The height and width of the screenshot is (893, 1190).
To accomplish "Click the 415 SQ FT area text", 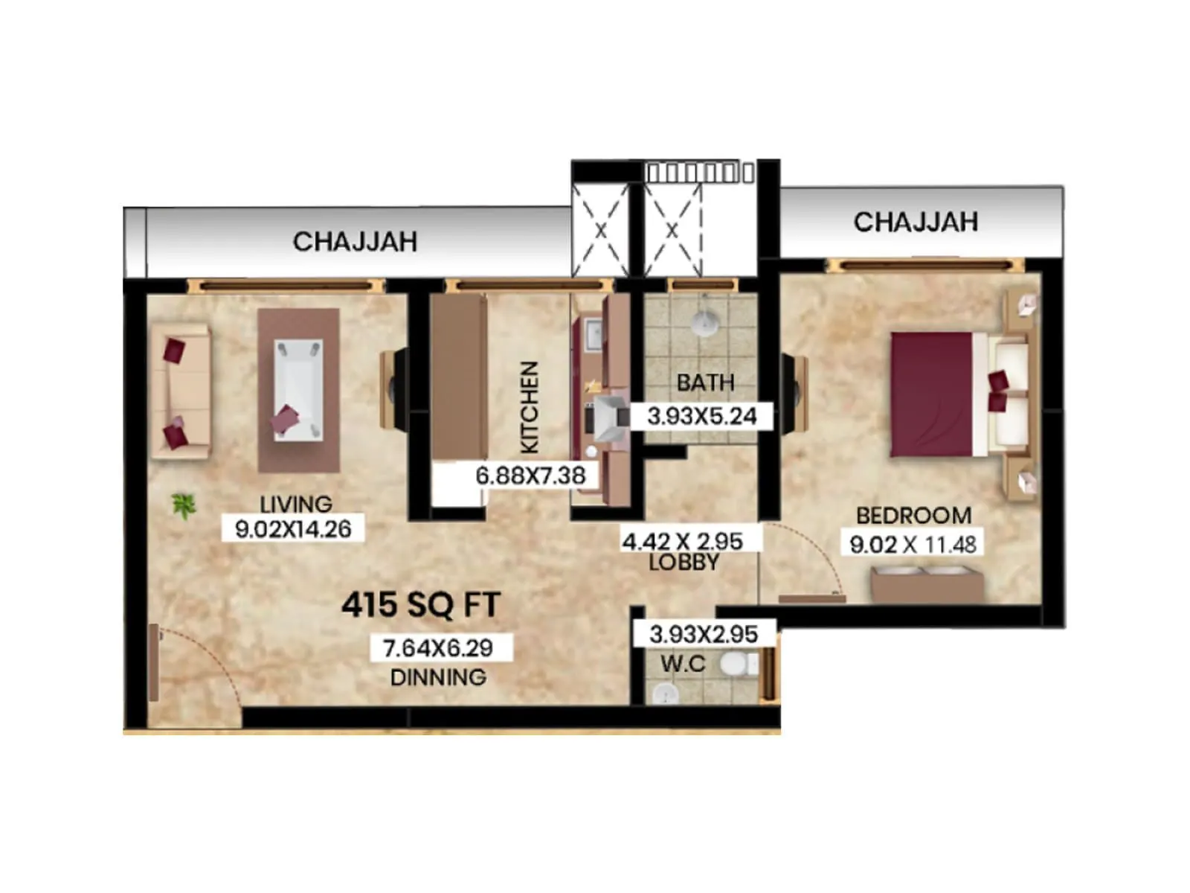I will (421, 605).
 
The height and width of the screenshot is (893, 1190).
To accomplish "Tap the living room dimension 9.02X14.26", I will (293, 529).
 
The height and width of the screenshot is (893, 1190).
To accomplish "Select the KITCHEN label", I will (529, 407).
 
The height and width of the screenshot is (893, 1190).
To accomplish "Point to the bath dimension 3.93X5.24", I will (701, 416).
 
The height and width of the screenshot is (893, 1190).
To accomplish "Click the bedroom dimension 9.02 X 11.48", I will (913, 544).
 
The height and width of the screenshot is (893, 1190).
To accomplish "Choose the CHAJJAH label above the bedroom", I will (915, 222).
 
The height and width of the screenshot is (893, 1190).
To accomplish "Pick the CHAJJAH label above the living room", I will (354, 241).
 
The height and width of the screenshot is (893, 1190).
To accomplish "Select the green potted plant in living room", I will (183, 506).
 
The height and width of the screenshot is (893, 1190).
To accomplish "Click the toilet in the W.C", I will (737, 664).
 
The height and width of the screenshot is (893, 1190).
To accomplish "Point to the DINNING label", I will (438, 677).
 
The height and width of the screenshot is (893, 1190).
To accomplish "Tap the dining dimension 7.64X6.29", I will (438, 647).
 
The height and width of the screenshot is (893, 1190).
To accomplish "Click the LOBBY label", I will (684, 562).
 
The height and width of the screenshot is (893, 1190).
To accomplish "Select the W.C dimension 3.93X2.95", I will (703, 634).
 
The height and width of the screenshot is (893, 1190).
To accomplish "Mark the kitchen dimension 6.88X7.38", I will (530, 475).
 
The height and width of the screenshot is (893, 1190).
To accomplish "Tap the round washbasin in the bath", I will (703, 323).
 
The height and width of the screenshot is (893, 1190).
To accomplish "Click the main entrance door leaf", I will (154, 662).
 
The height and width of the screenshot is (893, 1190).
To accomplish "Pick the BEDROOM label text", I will (913, 515).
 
